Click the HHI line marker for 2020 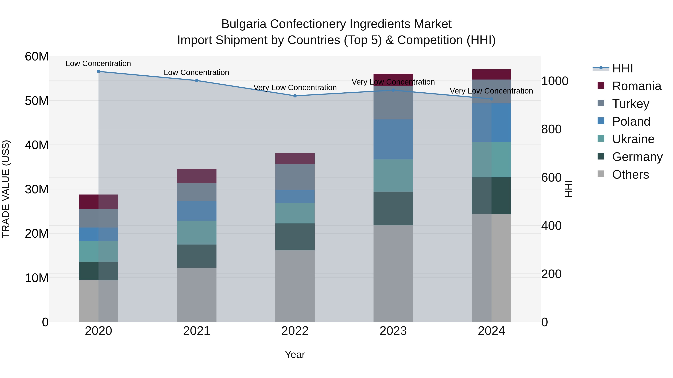coord(99,71)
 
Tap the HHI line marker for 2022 coord(295,96)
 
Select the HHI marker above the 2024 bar coord(491,99)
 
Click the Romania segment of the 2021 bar coord(197,176)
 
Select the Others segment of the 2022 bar coord(295,286)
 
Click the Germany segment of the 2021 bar coord(197,256)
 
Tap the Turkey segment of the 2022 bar coord(295,177)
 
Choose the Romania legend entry coord(636,86)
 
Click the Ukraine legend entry coord(633,139)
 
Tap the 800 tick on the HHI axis coord(551,129)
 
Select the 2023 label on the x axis coord(393,331)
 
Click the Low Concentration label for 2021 coord(196,73)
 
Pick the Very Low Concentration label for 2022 coord(295,88)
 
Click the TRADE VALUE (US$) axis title coord(6,189)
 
